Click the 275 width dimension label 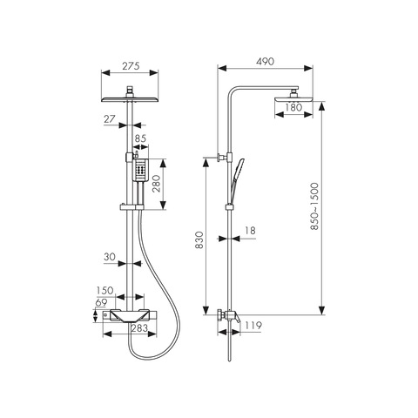131,66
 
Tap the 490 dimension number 265,62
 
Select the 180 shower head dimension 293,107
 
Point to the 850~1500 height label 314,206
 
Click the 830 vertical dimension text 199,240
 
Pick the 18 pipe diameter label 250,231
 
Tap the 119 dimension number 253,326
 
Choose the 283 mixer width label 139,328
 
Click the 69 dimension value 101,303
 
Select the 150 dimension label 105,290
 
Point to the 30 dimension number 110,257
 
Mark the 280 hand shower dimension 157,184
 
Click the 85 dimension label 140,138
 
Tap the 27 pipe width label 110,119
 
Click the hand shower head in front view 141,170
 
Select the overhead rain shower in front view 130,99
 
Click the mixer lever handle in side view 237,318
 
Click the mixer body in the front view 130,316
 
